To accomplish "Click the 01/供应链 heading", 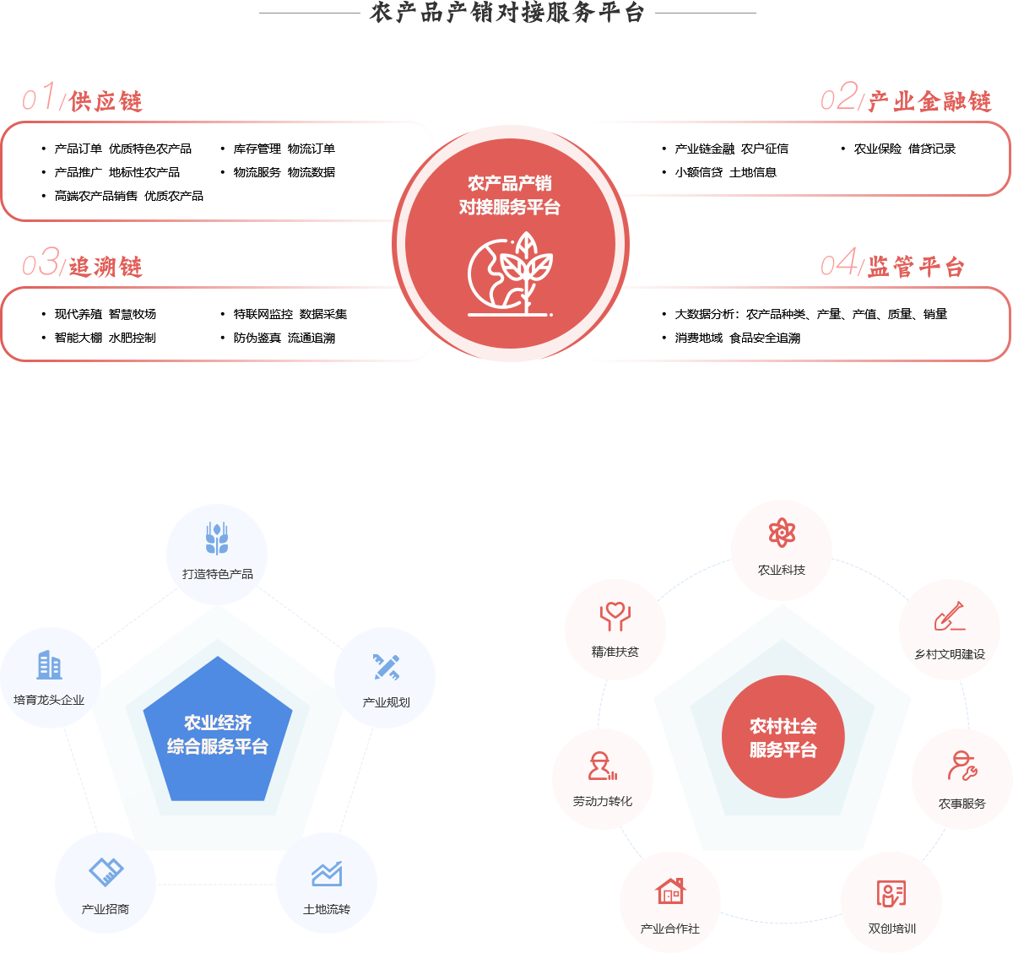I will [x=83, y=98].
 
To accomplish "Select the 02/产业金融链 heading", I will [x=906, y=98].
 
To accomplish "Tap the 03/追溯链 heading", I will [x=83, y=263].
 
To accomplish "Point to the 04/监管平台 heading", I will [x=892, y=263].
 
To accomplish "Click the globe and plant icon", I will [x=510, y=274].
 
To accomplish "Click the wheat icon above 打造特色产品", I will [x=217, y=539].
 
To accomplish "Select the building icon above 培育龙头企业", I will [x=49, y=665].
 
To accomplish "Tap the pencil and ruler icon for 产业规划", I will [x=387, y=667].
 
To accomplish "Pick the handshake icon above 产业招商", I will [x=106, y=872].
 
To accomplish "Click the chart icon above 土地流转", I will [x=327, y=874].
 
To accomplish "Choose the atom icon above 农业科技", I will [x=782, y=533].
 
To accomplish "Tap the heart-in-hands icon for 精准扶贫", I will [x=615, y=616].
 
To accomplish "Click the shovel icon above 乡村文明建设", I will [x=950, y=616].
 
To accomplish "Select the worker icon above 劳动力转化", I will [x=602, y=766].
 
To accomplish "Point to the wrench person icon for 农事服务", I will [x=962, y=766].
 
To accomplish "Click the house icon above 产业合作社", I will [x=670, y=891].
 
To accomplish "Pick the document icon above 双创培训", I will [x=891, y=892].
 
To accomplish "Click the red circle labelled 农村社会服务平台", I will [x=783, y=737].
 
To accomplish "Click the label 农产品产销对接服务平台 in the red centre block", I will [x=510, y=195].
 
